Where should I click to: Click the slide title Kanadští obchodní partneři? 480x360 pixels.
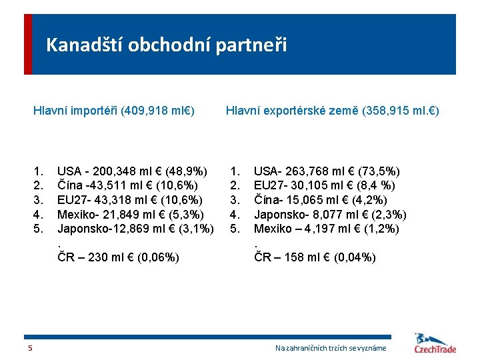coord(166,45)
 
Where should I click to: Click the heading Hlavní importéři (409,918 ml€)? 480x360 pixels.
coord(114,109)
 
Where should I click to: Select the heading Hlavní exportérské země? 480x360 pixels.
coord(332,109)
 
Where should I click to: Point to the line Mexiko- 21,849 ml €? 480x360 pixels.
coord(131,215)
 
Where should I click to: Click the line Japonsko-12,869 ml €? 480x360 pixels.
coord(135,229)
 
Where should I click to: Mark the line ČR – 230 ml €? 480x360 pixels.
coord(118,257)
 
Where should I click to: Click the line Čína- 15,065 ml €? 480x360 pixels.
coord(321,200)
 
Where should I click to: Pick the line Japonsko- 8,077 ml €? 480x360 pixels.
coord(330,215)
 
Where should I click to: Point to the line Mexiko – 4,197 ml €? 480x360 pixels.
coord(327,229)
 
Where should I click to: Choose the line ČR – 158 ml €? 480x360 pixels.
coord(315,257)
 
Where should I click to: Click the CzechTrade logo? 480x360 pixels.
coord(435,344)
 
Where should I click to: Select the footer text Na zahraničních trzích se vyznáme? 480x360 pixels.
coord(331,348)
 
